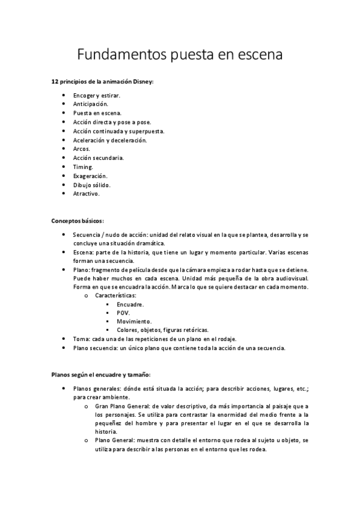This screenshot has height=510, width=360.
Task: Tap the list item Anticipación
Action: point(91,104)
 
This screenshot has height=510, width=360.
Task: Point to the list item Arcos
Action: point(82,149)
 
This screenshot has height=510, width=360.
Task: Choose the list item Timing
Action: point(84,167)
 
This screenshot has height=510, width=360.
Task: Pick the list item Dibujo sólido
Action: point(92,185)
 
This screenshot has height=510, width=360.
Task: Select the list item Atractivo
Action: point(87,194)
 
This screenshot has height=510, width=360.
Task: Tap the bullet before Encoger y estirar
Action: point(64,95)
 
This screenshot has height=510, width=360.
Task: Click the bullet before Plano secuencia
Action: point(64,348)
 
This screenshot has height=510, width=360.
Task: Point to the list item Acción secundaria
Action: point(99,158)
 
